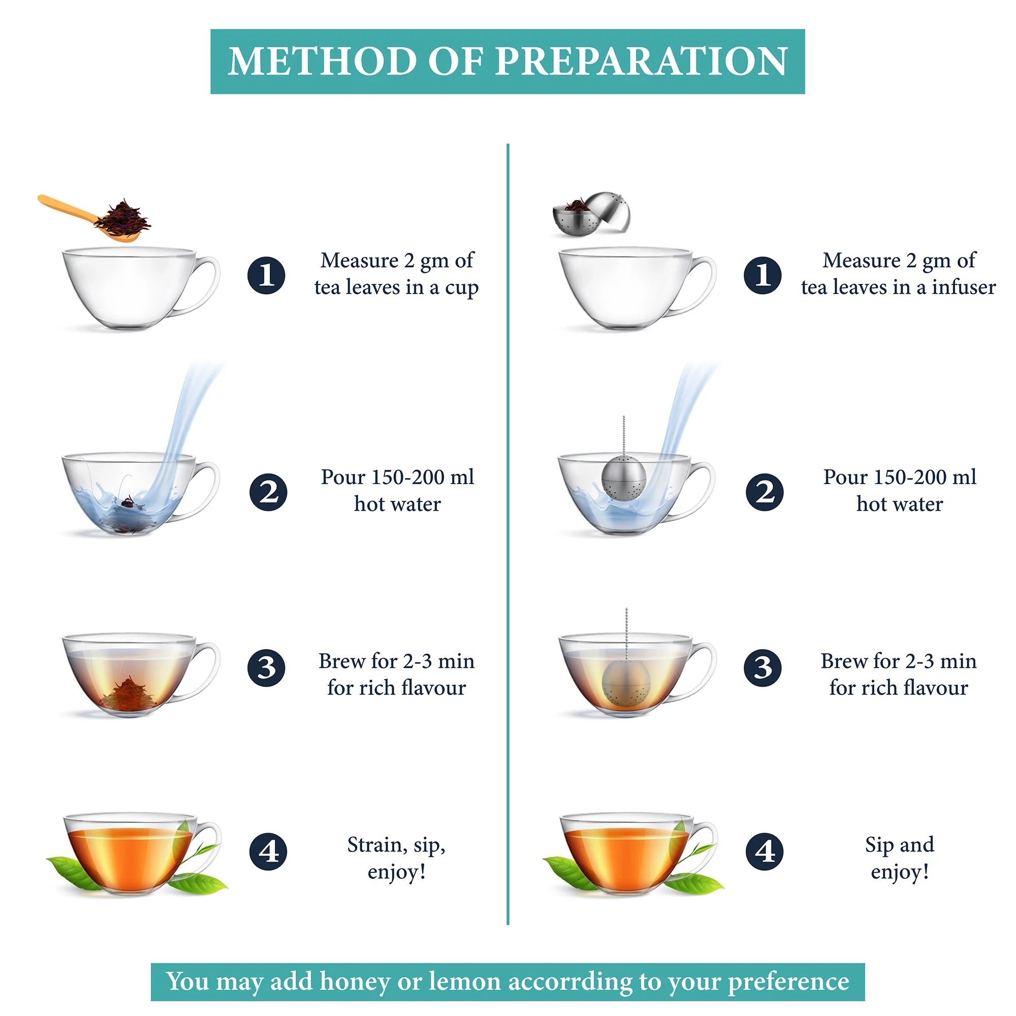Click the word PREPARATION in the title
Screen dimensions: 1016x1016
[x=641, y=61]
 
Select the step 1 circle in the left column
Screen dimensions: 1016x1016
[x=266, y=275]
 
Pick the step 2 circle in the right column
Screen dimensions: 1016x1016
[x=764, y=492]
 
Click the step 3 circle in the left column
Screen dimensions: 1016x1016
[x=266, y=668]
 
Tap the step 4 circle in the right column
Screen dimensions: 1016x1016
[x=764, y=851]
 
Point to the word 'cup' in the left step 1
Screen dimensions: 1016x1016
[x=461, y=288]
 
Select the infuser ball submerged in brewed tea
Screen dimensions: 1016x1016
[x=624, y=684]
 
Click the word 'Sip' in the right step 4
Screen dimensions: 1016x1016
[x=879, y=845]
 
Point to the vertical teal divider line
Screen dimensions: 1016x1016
[x=507, y=526]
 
